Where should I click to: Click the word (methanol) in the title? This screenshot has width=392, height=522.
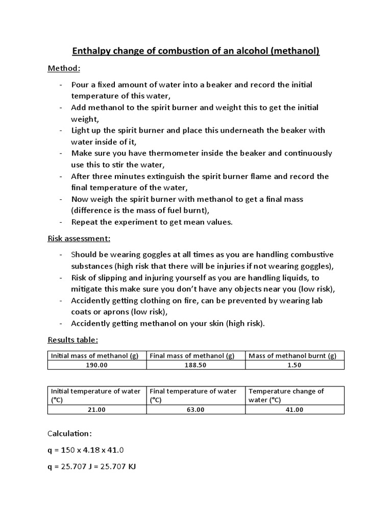pyautogui.click(x=292, y=51)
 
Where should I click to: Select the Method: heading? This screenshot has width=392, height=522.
pyautogui.click(x=64, y=68)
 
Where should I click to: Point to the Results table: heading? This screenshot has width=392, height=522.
pyautogui.click(x=72, y=340)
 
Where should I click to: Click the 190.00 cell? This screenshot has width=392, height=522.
pyautogui.click(x=97, y=365)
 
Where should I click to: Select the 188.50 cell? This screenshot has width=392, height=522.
pyautogui.click(x=196, y=365)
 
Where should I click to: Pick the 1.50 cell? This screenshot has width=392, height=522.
pyautogui.click(x=295, y=365)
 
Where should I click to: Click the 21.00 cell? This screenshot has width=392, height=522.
pyautogui.click(x=97, y=409)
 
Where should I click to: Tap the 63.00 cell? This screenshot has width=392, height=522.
pyautogui.click(x=196, y=409)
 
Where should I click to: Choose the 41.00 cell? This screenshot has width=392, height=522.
pyautogui.click(x=295, y=409)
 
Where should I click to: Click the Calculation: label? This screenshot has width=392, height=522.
pyautogui.click(x=70, y=433)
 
